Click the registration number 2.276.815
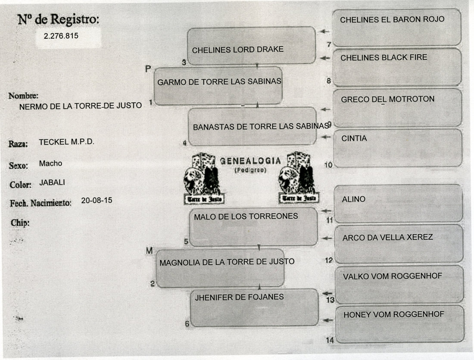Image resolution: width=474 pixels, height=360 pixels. (61, 36)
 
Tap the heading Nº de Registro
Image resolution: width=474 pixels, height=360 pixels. (58, 19)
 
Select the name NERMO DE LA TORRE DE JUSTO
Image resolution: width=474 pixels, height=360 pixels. (81, 106)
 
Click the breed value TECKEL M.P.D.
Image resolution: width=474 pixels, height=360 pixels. (66, 142)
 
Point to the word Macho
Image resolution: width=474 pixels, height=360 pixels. (50, 163)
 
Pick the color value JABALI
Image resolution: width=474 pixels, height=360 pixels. (52, 182)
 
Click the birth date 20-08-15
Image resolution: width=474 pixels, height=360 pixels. (97, 200)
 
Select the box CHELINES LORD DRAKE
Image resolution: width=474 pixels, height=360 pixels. (252, 46)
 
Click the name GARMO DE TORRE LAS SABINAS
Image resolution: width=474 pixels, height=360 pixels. (219, 82)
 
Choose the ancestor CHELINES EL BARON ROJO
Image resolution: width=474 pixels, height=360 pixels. (392, 19)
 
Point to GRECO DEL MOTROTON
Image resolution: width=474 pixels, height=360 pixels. (388, 99)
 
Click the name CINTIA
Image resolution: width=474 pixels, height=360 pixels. (354, 139)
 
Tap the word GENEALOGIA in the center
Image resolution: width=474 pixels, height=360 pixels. (250, 161)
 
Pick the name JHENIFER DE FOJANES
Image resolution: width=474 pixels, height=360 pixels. (240, 297)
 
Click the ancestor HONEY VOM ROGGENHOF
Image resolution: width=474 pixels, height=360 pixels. (393, 315)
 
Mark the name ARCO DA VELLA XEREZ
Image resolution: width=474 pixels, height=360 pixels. (388, 237)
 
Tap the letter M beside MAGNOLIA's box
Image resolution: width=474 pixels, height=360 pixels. (149, 251)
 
